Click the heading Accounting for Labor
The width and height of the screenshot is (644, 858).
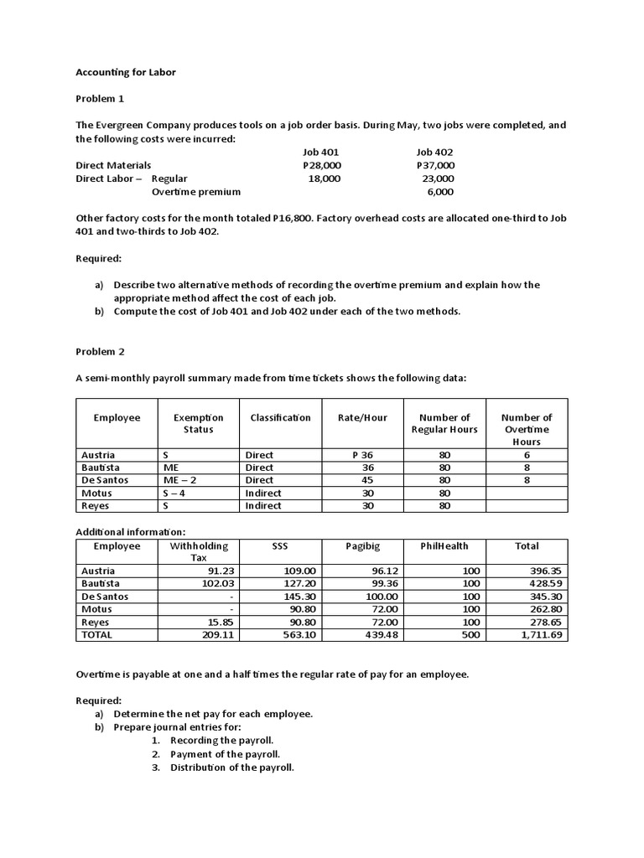pyautogui.click(x=126, y=73)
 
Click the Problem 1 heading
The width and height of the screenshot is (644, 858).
pyautogui.click(x=100, y=99)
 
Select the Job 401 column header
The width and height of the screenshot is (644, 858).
pyautogui.click(x=320, y=152)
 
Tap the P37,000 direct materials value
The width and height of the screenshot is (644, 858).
pyautogui.click(x=435, y=165)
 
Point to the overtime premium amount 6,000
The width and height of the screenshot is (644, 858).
pyautogui.click(x=440, y=191)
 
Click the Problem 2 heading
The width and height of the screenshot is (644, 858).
pyautogui.click(x=100, y=352)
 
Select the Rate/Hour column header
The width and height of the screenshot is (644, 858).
pyautogui.click(x=362, y=417)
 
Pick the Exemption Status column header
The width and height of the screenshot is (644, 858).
pyautogui.click(x=198, y=423)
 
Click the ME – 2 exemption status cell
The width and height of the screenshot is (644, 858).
pyautogui.click(x=180, y=480)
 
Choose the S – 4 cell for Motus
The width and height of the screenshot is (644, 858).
pyautogui.click(x=175, y=493)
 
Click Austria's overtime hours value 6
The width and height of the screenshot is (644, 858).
pyautogui.click(x=527, y=455)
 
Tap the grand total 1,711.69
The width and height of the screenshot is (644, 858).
pyautogui.click(x=541, y=635)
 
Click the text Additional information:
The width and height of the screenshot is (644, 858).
pyautogui.click(x=130, y=532)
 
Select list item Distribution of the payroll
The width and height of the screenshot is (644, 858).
pyautogui.click(x=231, y=768)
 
